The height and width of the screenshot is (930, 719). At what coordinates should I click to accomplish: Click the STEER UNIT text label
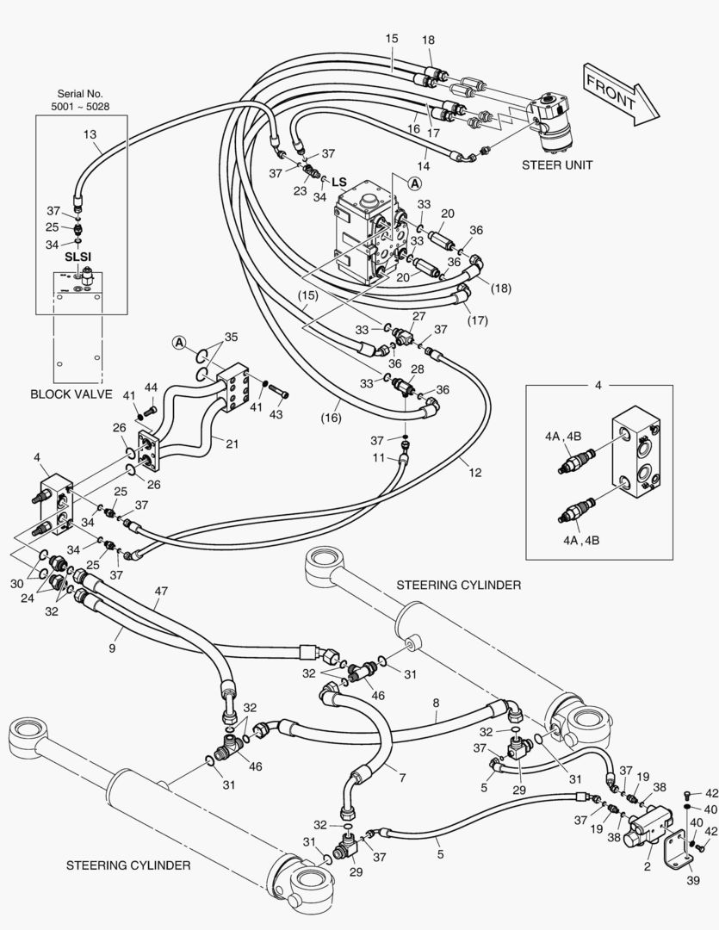[557, 165]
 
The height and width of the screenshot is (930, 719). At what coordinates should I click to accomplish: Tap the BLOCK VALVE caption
[71, 394]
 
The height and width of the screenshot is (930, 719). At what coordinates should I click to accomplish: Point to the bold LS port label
[338, 182]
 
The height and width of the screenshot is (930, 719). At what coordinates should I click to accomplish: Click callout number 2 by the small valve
[646, 867]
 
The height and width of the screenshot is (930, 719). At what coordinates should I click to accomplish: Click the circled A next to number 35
[179, 342]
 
